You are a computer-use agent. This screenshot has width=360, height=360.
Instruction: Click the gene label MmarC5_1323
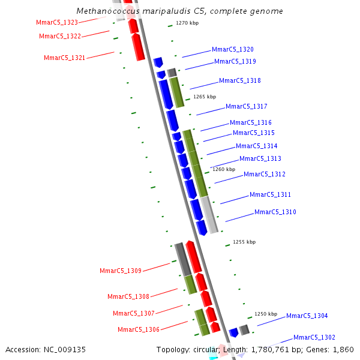tap(57, 22)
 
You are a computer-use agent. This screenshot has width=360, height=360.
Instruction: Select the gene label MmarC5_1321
tap(64, 58)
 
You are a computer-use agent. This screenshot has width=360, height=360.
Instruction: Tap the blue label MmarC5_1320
tap(232, 49)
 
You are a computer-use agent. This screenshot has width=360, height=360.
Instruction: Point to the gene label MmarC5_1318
tap(239, 80)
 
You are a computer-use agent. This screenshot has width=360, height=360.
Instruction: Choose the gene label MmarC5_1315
tap(253, 133)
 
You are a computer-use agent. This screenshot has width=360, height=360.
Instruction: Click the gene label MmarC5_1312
tap(264, 174)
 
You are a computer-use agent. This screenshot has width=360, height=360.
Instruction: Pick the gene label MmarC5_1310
tap(275, 212)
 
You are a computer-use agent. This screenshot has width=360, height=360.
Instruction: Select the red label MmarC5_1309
tap(120, 271)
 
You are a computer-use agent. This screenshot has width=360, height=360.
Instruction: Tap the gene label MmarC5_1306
tap(138, 329)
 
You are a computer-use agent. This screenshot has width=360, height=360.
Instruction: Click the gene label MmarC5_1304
tap(307, 316)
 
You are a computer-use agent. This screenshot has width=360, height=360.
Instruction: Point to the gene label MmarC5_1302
tap(314, 337)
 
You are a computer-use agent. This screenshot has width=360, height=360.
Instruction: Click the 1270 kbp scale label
tap(187, 23)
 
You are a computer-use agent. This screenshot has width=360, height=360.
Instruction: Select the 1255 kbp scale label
tap(244, 242)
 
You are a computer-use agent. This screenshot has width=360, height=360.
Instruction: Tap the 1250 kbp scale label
tap(266, 314)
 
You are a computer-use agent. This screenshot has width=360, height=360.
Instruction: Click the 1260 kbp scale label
tap(224, 169)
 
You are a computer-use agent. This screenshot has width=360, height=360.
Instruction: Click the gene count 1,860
tap(343, 349)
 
